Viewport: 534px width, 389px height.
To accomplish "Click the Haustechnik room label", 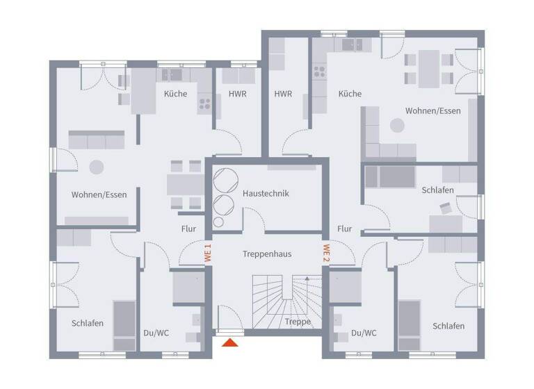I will click(x=266, y=193).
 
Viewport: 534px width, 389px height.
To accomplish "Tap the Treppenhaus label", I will click(x=267, y=254).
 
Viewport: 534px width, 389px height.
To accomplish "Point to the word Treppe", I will click(x=297, y=322).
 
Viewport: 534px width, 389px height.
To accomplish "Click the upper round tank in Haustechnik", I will click(x=225, y=179).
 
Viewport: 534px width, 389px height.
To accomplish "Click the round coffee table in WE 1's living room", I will click(x=96, y=167).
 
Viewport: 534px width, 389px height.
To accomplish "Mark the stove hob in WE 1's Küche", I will click(x=205, y=105).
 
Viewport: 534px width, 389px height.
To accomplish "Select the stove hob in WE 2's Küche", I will click(x=320, y=72).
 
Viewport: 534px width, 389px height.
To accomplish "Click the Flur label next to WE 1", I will click(x=188, y=229).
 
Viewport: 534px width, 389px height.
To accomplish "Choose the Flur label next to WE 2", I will click(x=344, y=229).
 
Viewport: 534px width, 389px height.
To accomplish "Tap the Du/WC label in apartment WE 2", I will click(x=364, y=333).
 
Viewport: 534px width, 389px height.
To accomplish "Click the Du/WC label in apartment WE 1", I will click(x=155, y=333).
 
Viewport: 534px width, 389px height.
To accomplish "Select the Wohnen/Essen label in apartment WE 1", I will click(x=99, y=194).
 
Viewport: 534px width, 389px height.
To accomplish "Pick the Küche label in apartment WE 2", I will click(x=350, y=94).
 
